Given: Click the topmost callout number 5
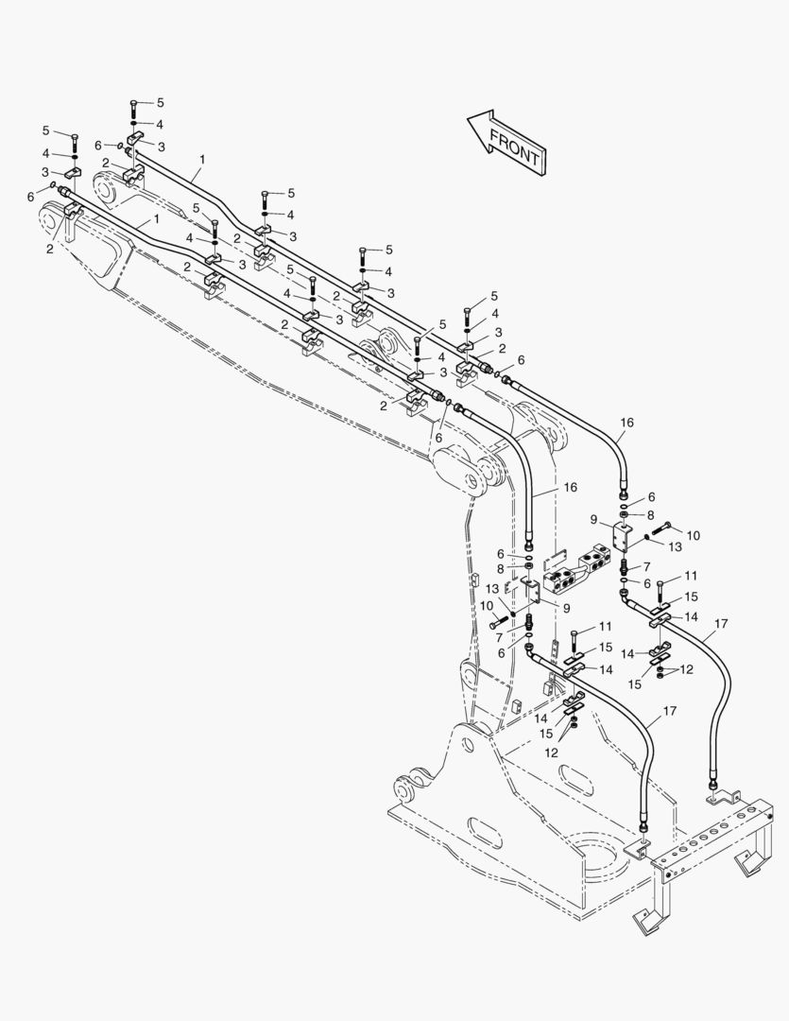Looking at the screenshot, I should pos(160,101).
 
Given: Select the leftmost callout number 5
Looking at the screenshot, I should pos(45,130).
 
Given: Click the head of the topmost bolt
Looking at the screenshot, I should pos(133,101).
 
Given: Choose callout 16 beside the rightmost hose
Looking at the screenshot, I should pos(626,422).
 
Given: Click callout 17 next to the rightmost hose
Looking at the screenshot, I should pos(721,624).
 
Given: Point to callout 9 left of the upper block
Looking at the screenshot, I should pos(594,519).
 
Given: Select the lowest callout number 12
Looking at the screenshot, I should pos(551,752).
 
